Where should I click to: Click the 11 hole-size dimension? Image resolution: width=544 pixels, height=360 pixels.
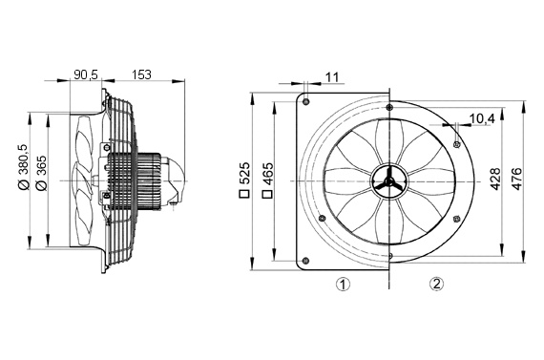331,75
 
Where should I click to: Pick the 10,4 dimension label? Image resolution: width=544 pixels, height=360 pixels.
482,119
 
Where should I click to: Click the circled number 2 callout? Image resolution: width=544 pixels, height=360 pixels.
436,284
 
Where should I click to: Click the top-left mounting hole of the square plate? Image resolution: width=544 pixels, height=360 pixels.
304,100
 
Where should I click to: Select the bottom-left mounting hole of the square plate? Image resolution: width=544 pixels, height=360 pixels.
304,261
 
